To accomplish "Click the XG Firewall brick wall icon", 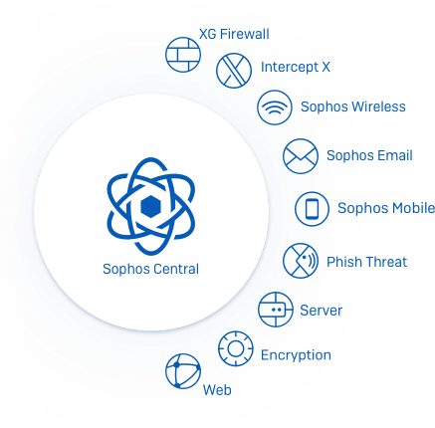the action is (183, 55).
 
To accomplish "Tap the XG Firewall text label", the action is (234, 34).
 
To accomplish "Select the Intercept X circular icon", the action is (234, 71).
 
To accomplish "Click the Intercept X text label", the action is (296, 67).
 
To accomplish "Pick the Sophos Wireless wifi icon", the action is (275, 107).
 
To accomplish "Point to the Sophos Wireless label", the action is (353, 107).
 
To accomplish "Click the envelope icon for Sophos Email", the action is (301, 156).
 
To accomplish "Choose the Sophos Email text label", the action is (369, 155).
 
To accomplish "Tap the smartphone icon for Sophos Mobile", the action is (312, 209).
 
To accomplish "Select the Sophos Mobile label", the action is (386, 208).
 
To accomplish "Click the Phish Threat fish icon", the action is (301, 261).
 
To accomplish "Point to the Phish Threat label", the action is (366, 262).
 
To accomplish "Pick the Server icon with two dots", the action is (276, 310).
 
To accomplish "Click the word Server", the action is (321, 311).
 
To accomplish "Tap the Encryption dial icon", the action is (236, 348).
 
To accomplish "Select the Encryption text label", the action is (296, 355).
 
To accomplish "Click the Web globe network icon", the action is (183, 371).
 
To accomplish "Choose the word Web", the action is (217, 390).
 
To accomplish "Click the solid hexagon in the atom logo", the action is (151, 206).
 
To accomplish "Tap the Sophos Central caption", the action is (150, 269).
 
